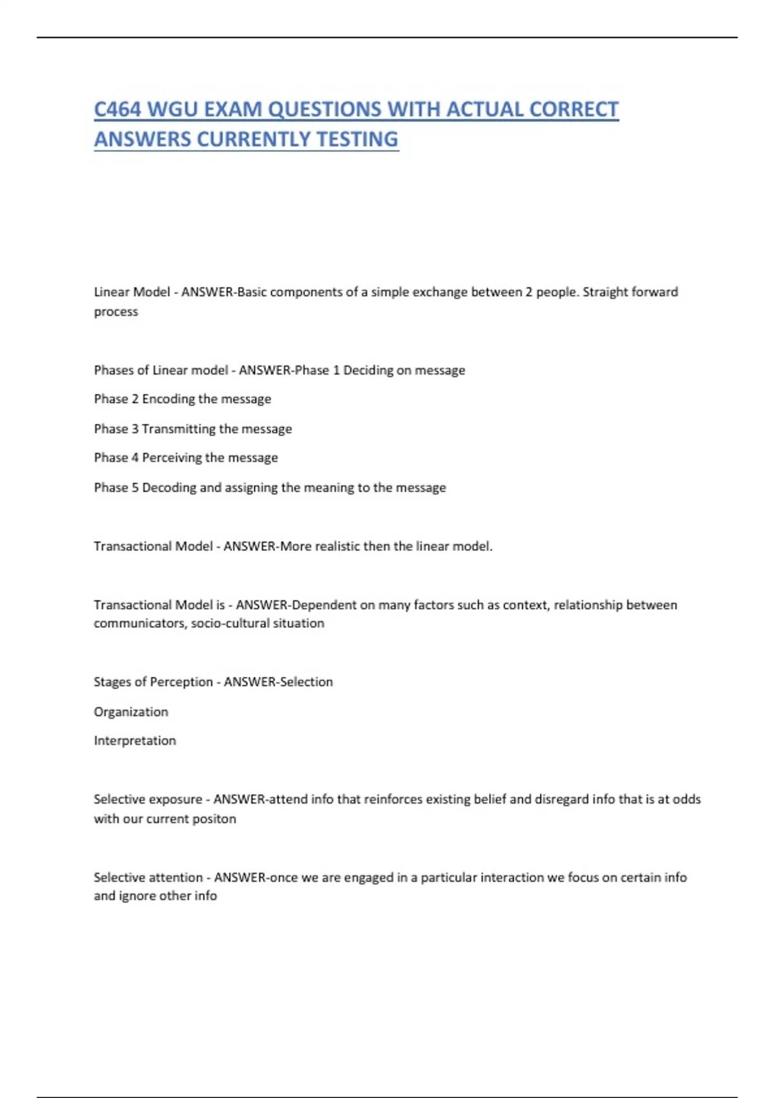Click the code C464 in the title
pyautogui.click(x=118, y=109)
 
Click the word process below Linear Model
pyautogui.click(x=116, y=312)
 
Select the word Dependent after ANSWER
pyautogui.click(x=324, y=605)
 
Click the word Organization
pyautogui.click(x=131, y=712)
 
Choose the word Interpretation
pyautogui.click(x=135, y=741)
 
